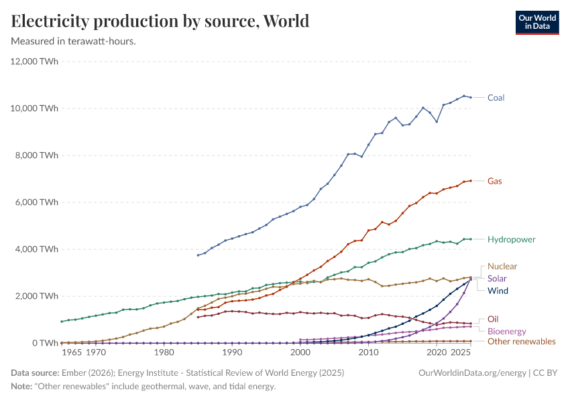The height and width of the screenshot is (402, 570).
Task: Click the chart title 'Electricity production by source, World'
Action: pos(160,21)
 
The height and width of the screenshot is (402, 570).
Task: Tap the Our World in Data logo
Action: pos(536,21)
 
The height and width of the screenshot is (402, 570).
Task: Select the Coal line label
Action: pos(496,98)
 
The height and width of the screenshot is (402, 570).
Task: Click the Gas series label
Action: pos(494,181)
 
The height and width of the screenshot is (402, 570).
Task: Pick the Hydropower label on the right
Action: pos(511,239)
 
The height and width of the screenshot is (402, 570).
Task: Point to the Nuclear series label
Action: pos(502,266)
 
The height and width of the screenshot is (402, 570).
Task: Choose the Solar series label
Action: pos(497,278)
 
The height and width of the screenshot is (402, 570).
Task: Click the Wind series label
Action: pos(498,290)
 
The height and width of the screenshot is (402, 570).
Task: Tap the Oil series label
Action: pos(492,319)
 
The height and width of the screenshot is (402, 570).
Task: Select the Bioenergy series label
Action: pos(506,331)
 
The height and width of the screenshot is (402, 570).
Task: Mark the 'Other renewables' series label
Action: pos(521,342)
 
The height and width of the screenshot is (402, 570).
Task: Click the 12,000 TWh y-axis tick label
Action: pos(35,62)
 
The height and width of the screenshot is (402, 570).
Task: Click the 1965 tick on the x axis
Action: pos(72,352)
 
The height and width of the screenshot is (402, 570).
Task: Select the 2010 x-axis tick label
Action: pos(368,352)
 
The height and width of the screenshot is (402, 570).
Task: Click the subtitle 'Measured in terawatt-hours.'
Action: pos(74,41)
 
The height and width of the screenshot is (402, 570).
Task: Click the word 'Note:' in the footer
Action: pos(22,387)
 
